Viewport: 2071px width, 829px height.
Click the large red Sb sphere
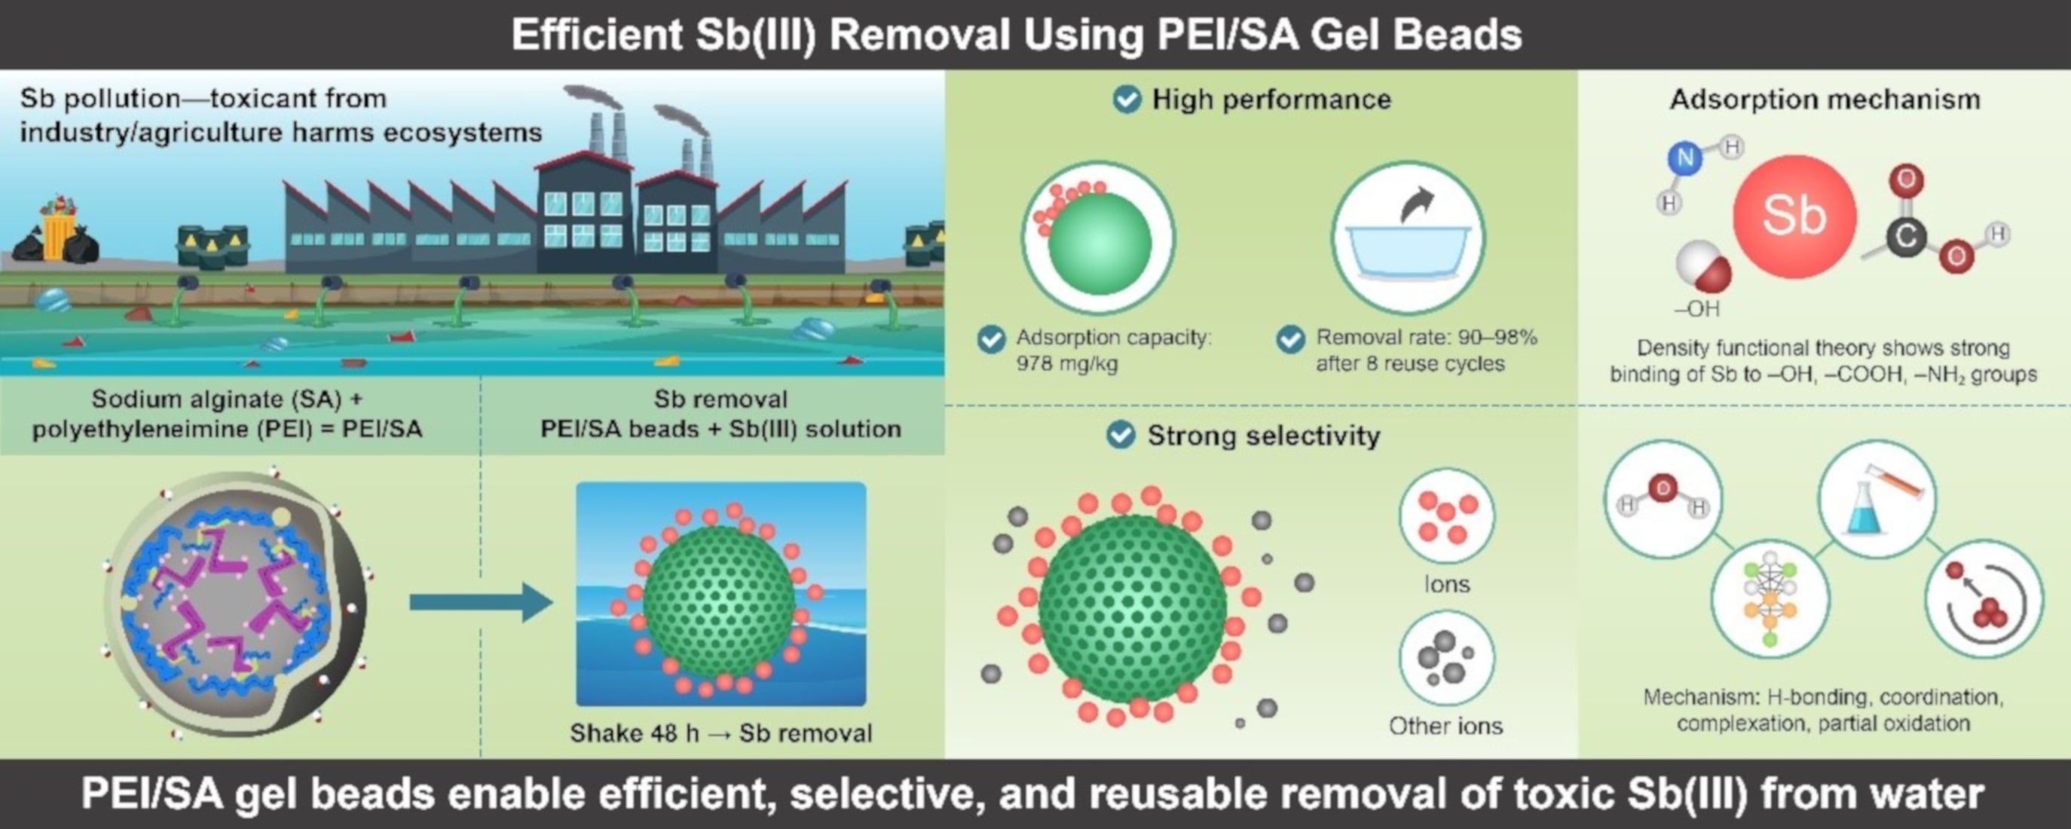[x=1794, y=216]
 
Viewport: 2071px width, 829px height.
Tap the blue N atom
[x=1685, y=158]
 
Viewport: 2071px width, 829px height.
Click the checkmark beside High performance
[x=1127, y=99]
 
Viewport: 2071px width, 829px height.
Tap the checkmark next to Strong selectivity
[x=1121, y=435]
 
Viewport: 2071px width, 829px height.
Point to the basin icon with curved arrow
[x=1408, y=238]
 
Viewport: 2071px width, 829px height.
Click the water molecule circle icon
[x=1663, y=498]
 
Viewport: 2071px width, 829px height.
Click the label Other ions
[x=1445, y=726]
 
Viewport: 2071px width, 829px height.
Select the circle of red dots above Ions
[x=1446, y=516]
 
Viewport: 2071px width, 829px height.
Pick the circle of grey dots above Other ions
[x=1446, y=659]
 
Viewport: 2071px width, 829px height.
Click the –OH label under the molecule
[x=1696, y=309]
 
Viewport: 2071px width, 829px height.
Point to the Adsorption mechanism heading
[x=1825, y=99]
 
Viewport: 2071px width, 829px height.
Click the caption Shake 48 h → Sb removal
[x=721, y=733]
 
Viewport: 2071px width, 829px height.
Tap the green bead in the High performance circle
[x=1099, y=243]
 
